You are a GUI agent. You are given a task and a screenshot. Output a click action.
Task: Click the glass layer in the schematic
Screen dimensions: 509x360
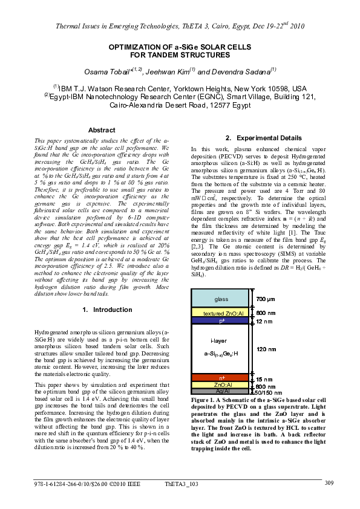220,299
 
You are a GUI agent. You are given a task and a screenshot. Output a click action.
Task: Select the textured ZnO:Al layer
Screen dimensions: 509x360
220,313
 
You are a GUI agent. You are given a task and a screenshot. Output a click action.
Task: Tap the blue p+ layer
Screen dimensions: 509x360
220,321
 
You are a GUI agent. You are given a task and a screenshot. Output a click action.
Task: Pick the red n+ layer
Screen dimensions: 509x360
220,378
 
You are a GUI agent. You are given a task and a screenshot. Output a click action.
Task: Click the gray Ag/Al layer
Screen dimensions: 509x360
220,391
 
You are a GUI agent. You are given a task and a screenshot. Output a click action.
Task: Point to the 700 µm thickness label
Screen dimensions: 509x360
266,299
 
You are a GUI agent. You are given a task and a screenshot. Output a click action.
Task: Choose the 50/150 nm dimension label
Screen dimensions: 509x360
267,392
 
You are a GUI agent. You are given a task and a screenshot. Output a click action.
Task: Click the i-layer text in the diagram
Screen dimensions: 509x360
220,341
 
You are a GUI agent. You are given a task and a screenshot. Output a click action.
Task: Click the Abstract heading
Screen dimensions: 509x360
102,130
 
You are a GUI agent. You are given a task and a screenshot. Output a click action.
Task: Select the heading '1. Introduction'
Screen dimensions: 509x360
106,310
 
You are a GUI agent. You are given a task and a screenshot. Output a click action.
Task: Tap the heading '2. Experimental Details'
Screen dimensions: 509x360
255,138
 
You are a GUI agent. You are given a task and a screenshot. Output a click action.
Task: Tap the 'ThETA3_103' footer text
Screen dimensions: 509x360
182,484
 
